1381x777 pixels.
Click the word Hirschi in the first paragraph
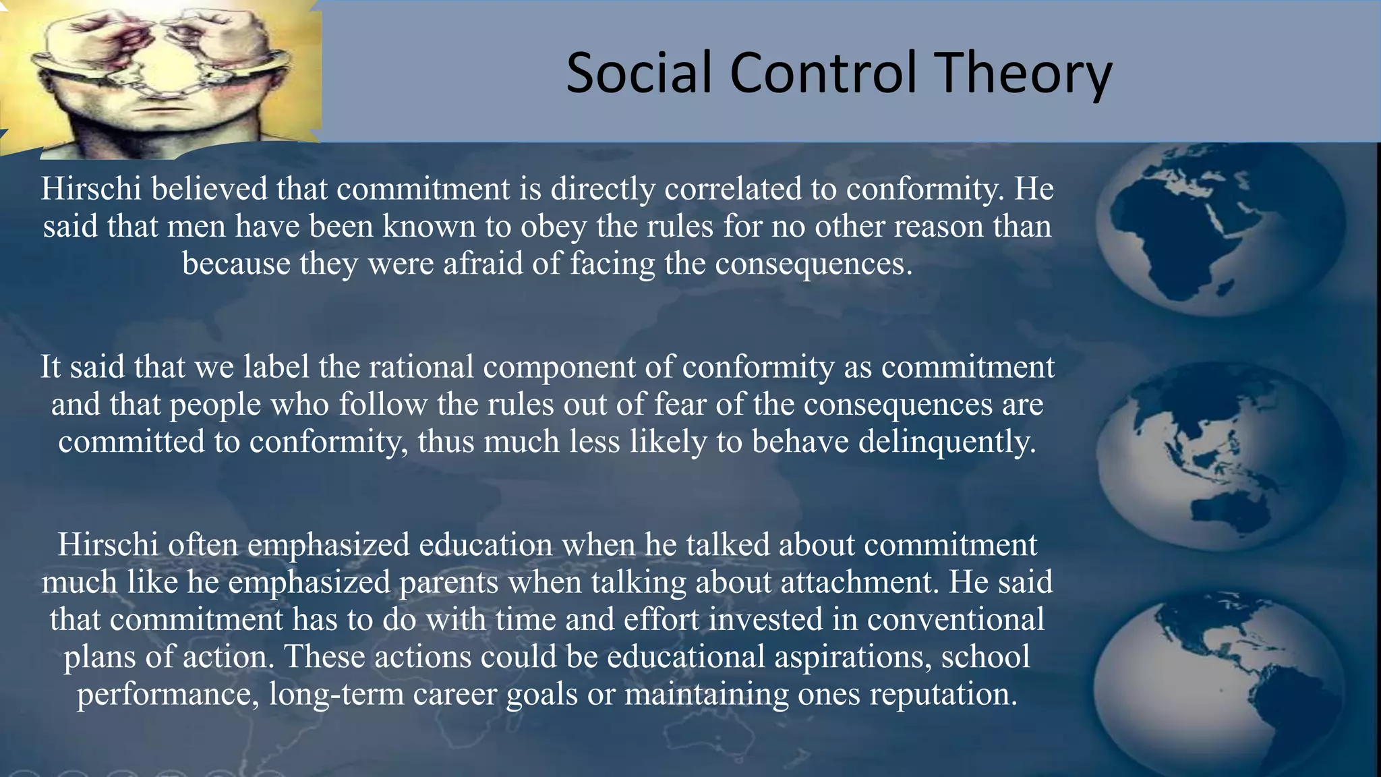[x=91, y=189]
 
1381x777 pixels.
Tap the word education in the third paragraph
[x=486, y=545]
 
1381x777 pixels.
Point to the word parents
[x=449, y=582]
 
